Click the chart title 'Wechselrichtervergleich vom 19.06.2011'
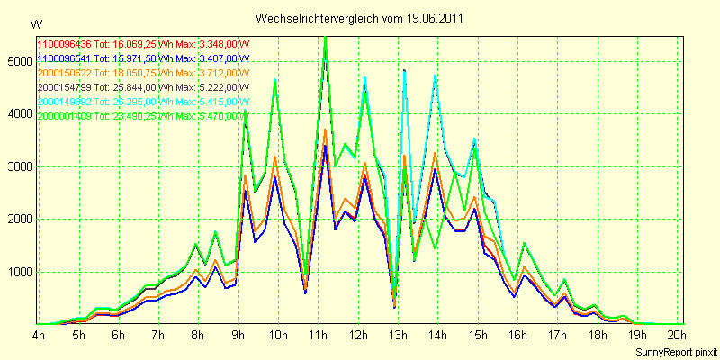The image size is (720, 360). point(360,18)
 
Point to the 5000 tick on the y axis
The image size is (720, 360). point(19,61)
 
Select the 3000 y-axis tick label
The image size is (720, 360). point(19,166)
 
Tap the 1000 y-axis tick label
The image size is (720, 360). point(19,272)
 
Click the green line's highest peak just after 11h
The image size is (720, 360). point(325,38)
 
